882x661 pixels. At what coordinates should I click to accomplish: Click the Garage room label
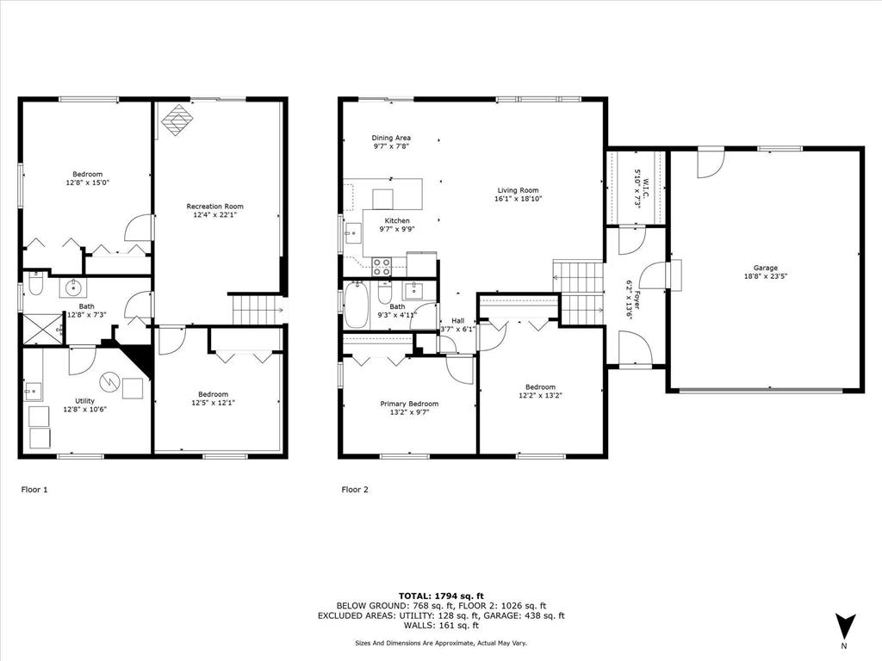pos(765,268)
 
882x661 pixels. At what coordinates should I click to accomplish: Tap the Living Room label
pos(518,190)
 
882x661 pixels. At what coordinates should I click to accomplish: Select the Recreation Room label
pos(215,206)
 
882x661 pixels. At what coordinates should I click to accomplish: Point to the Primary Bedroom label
pos(409,404)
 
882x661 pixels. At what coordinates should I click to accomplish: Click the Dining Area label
pos(391,138)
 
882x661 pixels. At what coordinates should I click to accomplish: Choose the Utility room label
pos(84,400)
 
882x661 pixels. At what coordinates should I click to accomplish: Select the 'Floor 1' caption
pos(34,490)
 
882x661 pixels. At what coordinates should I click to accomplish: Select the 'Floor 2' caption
pos(355,490)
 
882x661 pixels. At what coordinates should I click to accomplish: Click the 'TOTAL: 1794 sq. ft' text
pos(441,596)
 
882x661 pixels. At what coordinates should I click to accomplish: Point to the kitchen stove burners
pos(382,267)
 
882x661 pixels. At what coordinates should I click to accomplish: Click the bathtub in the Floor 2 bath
pos(357,306)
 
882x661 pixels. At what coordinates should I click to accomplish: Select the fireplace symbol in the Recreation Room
pos(176,120)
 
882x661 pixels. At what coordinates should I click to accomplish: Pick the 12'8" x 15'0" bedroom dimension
pos(87,182)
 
